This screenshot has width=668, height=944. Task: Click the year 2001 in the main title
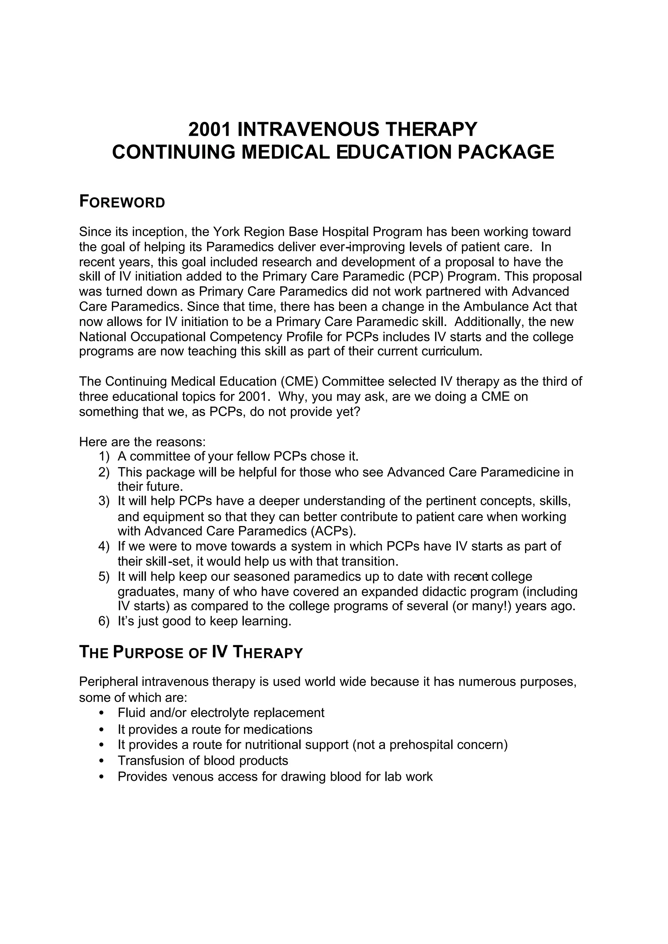[x=209, y=129]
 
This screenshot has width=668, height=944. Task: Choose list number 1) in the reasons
[x=104, y=457]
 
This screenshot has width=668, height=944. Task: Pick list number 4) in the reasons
[x=104, y=547]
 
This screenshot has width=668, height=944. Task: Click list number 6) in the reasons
[x=104, y=621]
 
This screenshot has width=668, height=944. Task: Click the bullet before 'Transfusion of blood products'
[x=101, y=761]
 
